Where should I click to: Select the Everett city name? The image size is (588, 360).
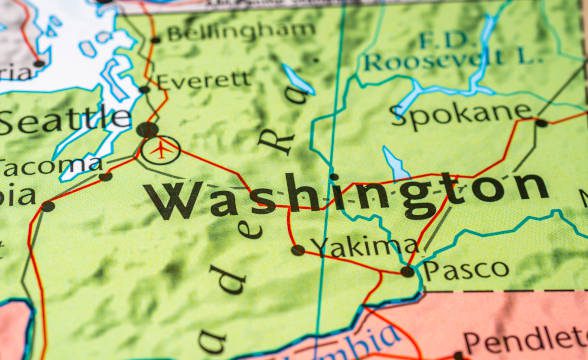pos(204,79)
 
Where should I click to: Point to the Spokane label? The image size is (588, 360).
pos(460,112)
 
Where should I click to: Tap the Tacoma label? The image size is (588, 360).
pos(50,165)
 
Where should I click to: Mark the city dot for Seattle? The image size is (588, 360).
pos(147,129)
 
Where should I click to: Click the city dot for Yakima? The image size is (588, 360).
pos(297,250)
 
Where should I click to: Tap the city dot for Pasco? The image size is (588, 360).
pos(407,271)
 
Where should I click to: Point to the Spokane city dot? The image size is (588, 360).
pos(541,123)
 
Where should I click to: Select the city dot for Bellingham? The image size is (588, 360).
pos(154,40)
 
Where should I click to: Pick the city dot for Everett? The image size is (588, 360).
pos(144,89)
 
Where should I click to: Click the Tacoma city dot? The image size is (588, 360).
pos(105,177)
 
